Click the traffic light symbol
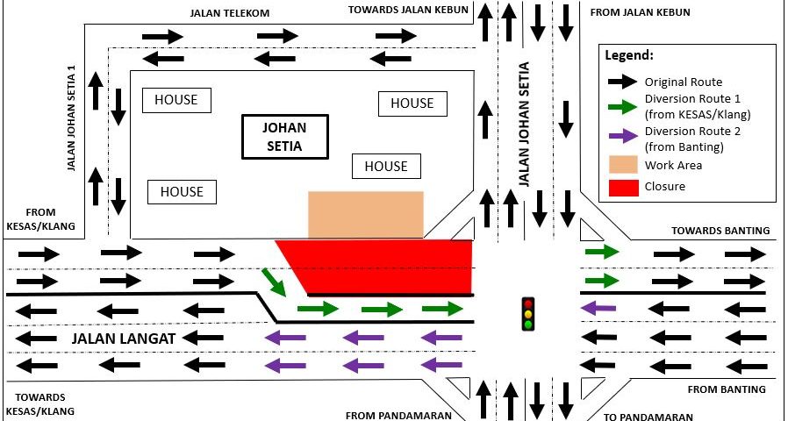tap(527, 313)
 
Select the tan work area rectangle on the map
tap(365, 214)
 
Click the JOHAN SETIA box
tap(284, 137)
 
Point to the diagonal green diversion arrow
tap(274, 282)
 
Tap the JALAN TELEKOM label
tap(229, 13)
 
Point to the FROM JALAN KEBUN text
tap(640, 12)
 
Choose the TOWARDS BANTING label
tap(720, 231)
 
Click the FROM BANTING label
tap(727, 389)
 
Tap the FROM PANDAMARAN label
tap(398, 416)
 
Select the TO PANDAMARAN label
tap(648, 417)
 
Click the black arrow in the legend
tap(622, 82)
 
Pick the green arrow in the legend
tap(622, 108)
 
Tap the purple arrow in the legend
tap(622, 136)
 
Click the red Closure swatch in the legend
tap(622, 186)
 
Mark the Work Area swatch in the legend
tap(622, 164)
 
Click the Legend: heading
tap(629, 55)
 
